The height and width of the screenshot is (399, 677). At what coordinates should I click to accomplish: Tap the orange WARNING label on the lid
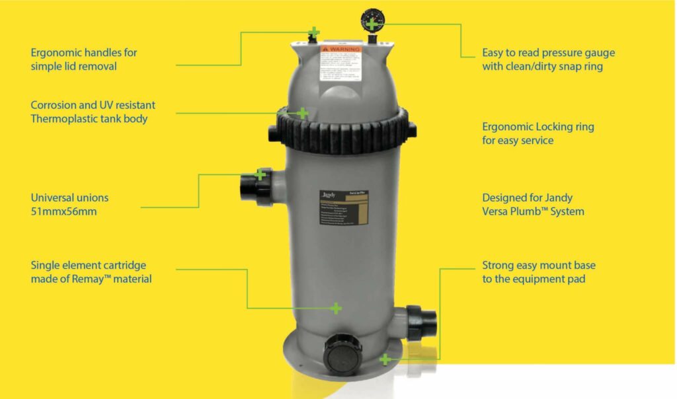pyautogui.click(x=340, y=49)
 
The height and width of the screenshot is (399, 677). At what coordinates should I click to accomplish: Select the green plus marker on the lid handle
pyautogui.click(x=314, y=32)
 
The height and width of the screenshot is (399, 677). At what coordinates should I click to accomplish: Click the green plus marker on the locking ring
pyautogui.click(x=302, y=113)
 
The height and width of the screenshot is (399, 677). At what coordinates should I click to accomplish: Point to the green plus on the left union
pyautogui.click(x=260, y=174)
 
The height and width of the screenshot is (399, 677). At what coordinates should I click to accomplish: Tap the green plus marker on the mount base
pyautogui.click(x=385, y=359)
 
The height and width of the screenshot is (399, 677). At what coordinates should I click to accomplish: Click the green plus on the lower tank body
pyautogui.click(x=336, y=308)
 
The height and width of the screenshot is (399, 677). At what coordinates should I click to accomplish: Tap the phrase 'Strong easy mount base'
pyautogui.click(x=539, y=265)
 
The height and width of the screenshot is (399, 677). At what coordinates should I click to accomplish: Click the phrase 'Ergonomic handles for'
pyautogui.click(x=84, y=52)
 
